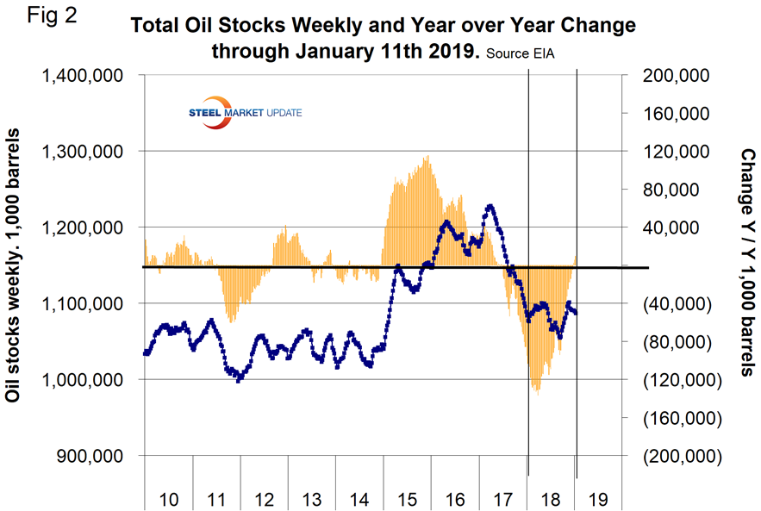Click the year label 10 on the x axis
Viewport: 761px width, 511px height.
point(169,499)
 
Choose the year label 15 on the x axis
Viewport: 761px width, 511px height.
point(408,499)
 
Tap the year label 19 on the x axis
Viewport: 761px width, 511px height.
point(599,499)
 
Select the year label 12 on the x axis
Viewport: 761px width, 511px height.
point(265,499)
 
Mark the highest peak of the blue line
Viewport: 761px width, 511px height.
point(490,206)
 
